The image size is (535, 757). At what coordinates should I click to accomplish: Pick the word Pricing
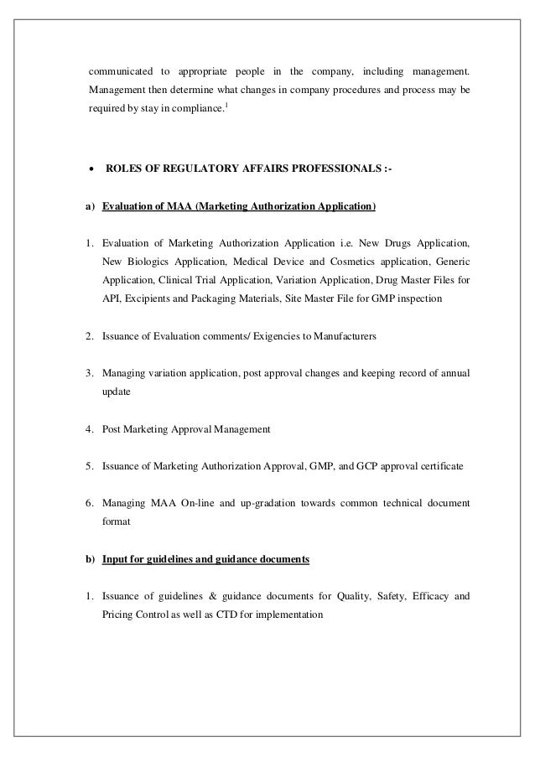[x=119, y=614]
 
